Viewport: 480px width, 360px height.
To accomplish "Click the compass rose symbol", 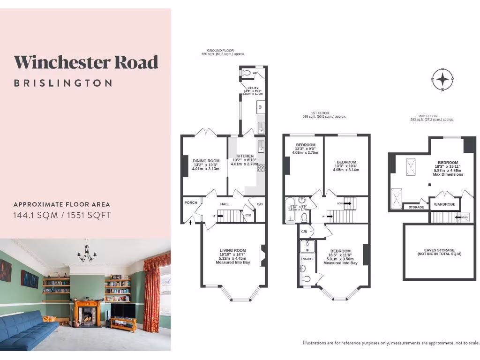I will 442,79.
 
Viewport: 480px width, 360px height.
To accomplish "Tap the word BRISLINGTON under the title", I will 63,83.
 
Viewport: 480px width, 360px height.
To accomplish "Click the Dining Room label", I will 206,161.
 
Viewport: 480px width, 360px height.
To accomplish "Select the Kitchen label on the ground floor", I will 245,156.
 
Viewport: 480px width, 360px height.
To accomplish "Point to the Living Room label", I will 233,250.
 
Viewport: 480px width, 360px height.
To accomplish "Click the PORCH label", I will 191,203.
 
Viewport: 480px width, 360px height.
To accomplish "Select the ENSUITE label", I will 307,258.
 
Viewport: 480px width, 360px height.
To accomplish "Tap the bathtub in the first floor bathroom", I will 288,211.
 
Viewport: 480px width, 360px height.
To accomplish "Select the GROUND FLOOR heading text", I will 220,51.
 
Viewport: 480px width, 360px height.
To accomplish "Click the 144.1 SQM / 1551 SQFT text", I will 62,216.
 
